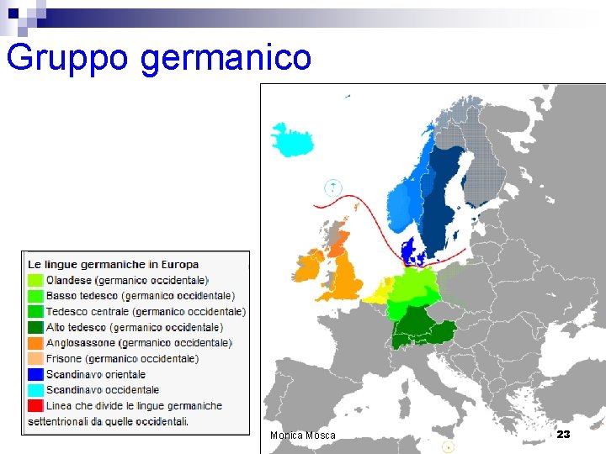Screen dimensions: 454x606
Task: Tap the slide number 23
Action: click(x=563, y=434)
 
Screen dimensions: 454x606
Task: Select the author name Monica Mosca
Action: click(x=302, y=436)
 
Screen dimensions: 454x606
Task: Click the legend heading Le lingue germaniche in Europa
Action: click(x=113, y=265)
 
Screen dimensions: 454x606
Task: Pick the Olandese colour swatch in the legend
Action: click(x=35, y=281)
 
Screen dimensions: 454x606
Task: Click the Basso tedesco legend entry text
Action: click(x=140, y=296)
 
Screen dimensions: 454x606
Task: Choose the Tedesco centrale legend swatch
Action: click(x=35, y=312)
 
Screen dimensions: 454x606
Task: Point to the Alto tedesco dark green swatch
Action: click(x=35, y=327)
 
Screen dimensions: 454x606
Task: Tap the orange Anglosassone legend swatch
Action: click(x=35, y=343)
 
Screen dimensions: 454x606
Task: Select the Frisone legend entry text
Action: click(x=122, y=358)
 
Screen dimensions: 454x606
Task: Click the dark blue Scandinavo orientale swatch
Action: click(x=35, y=374)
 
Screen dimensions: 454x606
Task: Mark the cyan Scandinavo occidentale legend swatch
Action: click(x=35, y=390)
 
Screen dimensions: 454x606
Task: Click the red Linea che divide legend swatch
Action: click(x=35, y=405)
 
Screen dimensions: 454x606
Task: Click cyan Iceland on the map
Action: click(x=291, y=140)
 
